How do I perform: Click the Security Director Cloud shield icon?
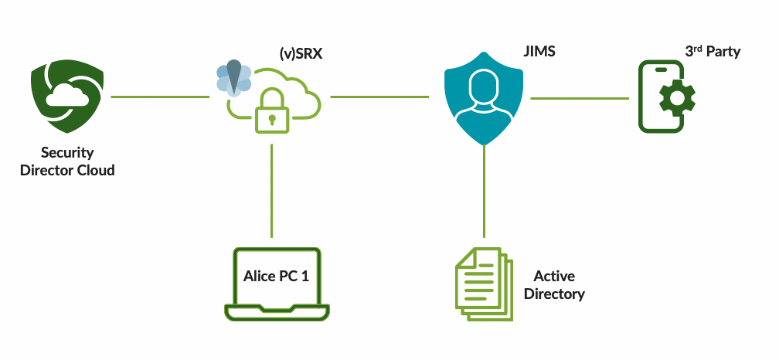point(67,99)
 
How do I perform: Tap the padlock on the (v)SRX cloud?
point(271,111)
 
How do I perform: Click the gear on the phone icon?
point(676,98)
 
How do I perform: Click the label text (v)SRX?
point(301,53)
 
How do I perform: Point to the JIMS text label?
point(539,52)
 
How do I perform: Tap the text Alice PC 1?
point(276,276)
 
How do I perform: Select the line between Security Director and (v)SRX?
point(160,97)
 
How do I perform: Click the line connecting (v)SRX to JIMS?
point(379,97)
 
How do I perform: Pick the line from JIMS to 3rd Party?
point(580,98)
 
